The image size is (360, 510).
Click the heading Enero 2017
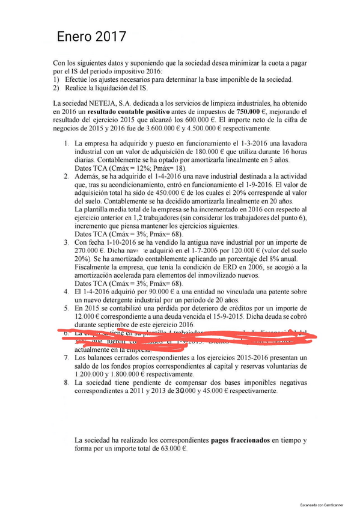point(91,37)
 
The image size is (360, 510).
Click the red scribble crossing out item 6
point(180,337)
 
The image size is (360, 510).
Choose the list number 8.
point(66,382)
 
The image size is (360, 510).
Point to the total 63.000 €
point(172,449)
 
